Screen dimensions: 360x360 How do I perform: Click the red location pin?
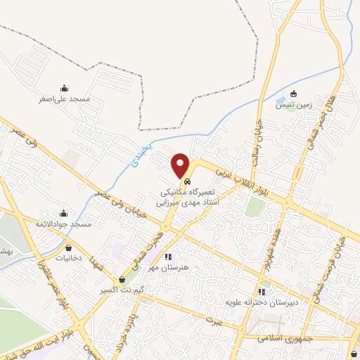181,166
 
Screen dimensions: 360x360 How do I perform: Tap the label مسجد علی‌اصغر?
65,99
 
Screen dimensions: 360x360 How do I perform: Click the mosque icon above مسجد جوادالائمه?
64,213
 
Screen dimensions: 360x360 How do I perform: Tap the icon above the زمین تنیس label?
293,94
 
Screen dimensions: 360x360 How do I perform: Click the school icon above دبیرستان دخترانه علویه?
262,292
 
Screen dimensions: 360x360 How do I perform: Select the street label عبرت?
214,319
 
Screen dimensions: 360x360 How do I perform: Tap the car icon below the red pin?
186,182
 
